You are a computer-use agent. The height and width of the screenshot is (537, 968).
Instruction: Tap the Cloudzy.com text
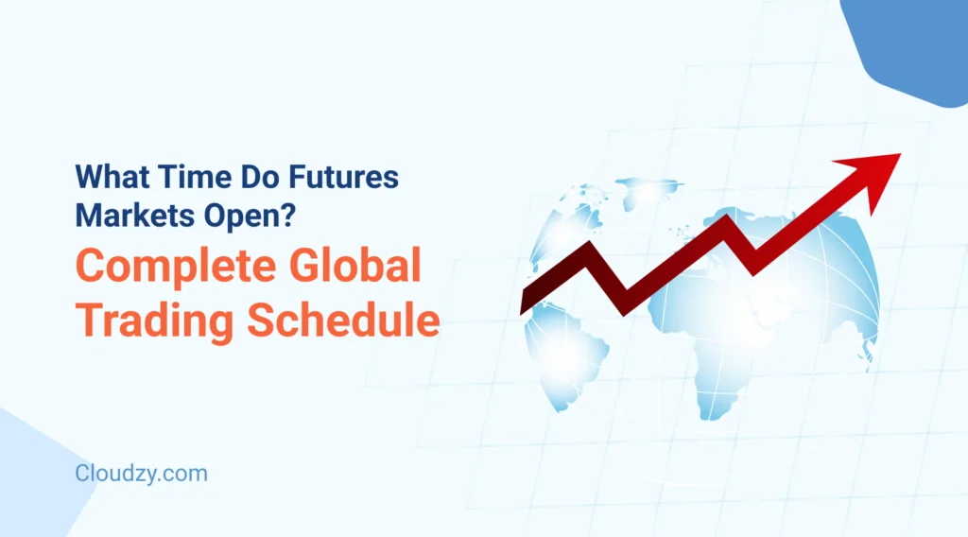[x=141, y=473]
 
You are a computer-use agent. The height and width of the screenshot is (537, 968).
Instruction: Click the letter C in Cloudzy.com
[x=83, y=473]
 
